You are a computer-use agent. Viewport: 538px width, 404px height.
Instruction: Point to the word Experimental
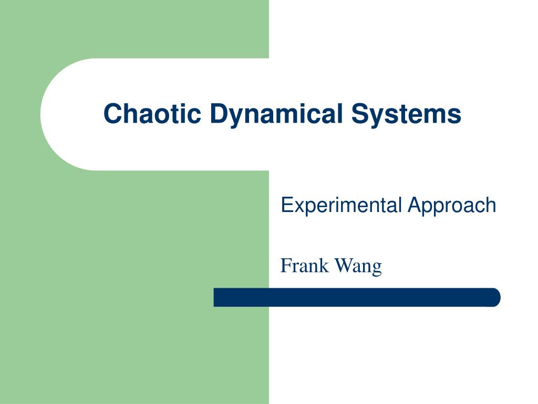coord(342,205)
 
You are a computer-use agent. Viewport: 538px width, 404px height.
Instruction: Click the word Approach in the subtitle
coord(452,205)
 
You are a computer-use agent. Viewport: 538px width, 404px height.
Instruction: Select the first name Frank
coord(305,266)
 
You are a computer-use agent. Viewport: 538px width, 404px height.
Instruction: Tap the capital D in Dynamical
coord(218,114)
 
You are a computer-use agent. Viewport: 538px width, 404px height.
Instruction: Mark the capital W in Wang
coord(343,266)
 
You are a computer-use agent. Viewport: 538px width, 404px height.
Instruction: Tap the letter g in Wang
coord(376,268)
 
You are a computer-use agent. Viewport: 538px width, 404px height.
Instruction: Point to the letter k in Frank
coord(324,266)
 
